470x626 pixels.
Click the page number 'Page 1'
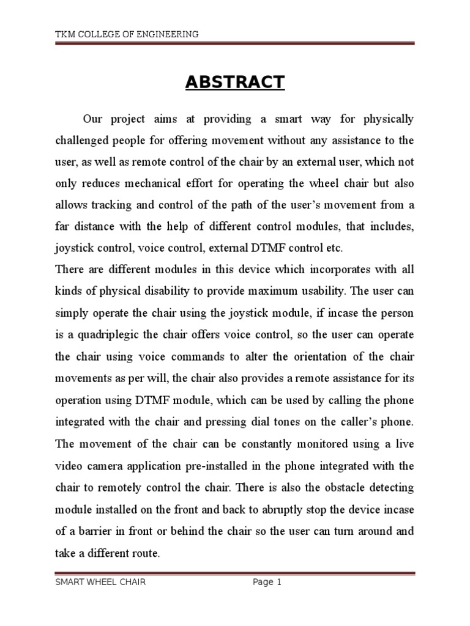click(x=267, y=583)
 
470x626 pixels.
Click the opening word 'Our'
click(x=92, y=119)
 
